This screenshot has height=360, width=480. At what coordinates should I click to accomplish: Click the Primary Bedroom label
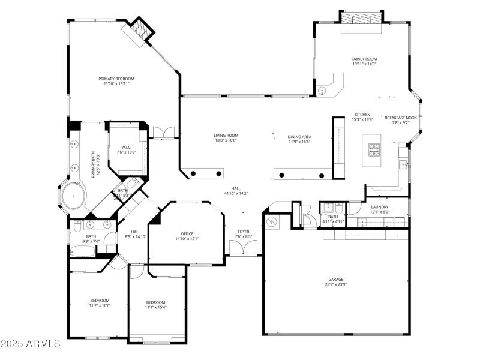click(x=116, y=79)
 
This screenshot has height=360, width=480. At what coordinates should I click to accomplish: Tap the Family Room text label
click(x=364, y=59)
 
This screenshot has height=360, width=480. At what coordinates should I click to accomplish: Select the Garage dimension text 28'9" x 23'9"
click(x=335, y=284)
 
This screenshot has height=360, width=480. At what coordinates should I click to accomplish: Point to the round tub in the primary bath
click(x=73, y=196)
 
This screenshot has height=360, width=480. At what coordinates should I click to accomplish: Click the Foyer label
click(x=243, y=231)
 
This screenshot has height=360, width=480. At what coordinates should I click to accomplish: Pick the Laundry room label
click(x=379, y=207)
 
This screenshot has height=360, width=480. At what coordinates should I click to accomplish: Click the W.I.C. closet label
click(x=126, y=147)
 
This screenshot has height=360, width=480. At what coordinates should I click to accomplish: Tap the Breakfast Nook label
click(x=401, y=118)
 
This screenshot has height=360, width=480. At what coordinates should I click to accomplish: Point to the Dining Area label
click(x=299, y=137)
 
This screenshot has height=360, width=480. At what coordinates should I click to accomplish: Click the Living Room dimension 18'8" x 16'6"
click(x=226, y=140)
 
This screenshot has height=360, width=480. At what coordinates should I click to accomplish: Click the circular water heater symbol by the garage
click(x=272, y=222)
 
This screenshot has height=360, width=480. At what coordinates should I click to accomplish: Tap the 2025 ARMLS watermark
click(x=31, y=344)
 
